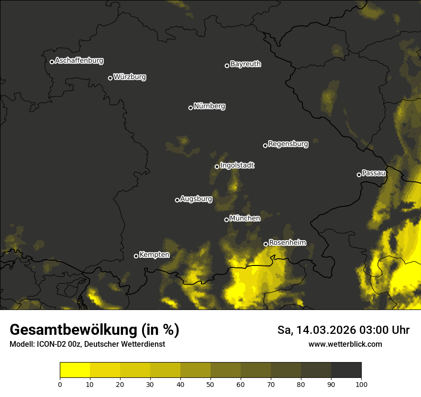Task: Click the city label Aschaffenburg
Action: (79, 61)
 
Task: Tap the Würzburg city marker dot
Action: (110, 78)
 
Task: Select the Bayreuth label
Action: (245, 64)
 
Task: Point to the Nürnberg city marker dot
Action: (190, 108)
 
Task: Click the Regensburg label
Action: (288, 143)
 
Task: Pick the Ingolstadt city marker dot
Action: (217, 166)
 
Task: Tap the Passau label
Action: (374, 173)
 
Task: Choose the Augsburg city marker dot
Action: (177, 200)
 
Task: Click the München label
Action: (245, 218)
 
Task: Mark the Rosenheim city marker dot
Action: (266, 244)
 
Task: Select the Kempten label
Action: (154, 254)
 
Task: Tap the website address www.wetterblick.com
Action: (345, 344)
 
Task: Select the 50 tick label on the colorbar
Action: (210, 384)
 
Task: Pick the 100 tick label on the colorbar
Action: (361, 384)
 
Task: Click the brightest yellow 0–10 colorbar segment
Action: (75, 370)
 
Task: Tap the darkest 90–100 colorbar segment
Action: (346, 370)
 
